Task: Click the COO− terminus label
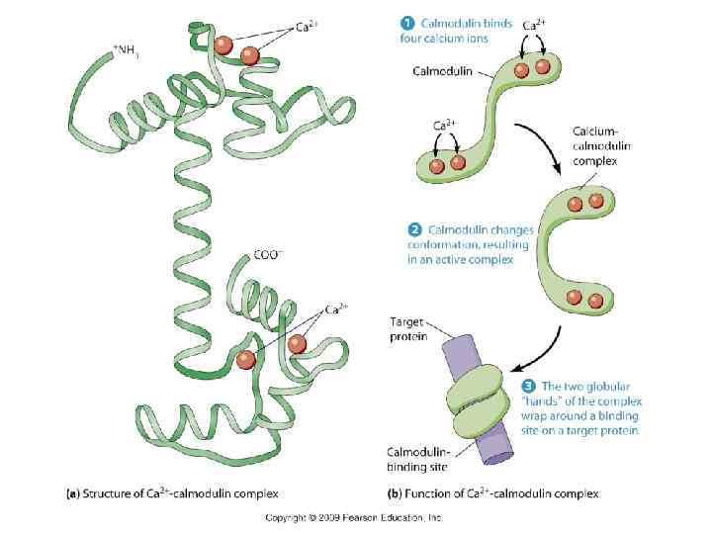tap(268, 254)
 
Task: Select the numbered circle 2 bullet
tap(415, 230)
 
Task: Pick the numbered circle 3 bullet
tap(527, 386)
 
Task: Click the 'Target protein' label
tap(408, 328)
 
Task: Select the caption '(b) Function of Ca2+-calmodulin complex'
tap(492, 491)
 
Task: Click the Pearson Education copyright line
tap(353, 517)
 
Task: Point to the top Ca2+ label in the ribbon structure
tap(308, 27)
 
